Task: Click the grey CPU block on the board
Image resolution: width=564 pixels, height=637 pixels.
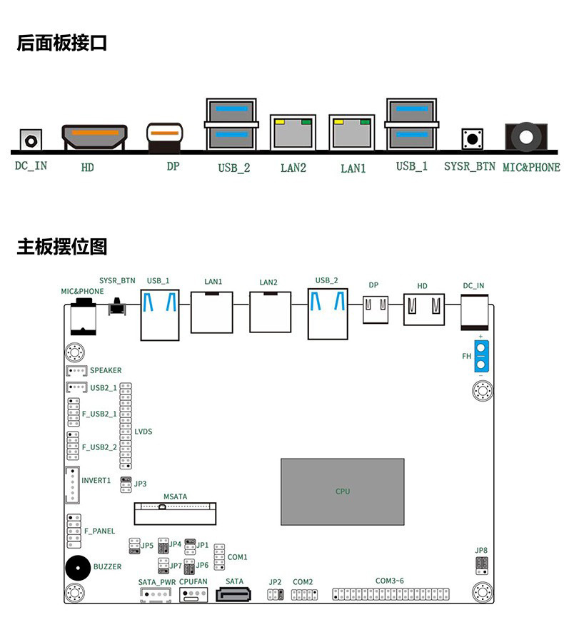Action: pos(342,491)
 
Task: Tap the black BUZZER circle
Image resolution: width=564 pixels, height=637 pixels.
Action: pos(79,568)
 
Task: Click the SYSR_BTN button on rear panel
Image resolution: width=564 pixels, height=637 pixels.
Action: pos(470,138)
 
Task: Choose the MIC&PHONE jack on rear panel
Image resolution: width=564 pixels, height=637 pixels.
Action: pos(527,136)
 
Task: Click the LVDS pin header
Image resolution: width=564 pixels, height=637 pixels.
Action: pos(126,424)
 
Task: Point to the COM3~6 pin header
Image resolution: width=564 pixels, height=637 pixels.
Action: pos(391,594)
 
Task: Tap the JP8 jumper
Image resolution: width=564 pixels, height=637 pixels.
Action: pos(481,566)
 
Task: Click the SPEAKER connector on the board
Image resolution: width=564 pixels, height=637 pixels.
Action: pos(76,371)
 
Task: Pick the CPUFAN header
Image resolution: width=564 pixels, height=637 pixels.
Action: pos(193,595)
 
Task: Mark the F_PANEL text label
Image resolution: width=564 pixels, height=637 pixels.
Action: pos(99,531)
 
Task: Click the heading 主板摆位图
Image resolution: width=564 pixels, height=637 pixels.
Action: pos(62,248)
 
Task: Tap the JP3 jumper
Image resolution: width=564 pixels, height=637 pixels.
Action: pos(126,484)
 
